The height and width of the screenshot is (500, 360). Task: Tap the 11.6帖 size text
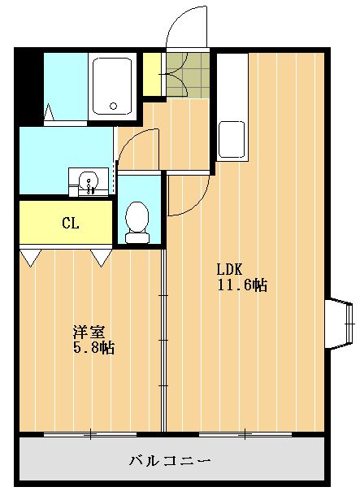coord(241,285)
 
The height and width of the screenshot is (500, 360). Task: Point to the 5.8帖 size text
coord(93,348)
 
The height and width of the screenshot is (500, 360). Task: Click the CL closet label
coord(70,223)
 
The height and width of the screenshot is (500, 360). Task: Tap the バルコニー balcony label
coord(171,461)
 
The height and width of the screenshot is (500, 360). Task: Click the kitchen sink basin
coord(232,143)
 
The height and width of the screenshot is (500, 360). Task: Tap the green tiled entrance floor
coord(186,75)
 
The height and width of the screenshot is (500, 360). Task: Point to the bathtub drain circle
coord(114,106)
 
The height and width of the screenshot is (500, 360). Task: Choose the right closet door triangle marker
coord(102,258)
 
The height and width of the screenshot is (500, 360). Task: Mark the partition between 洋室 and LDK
coord(163,341)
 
